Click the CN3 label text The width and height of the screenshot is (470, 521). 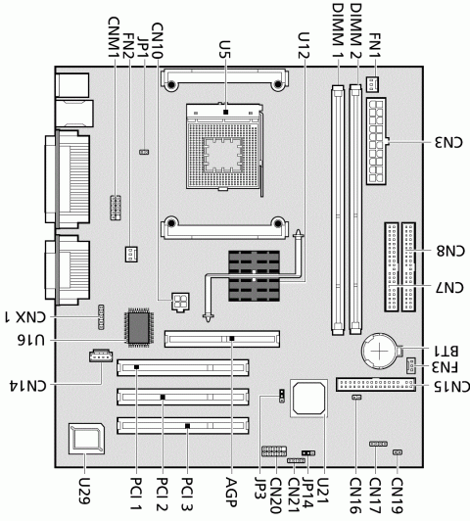[x=448, y=142]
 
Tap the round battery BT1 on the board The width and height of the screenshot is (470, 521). [x=379, y=352]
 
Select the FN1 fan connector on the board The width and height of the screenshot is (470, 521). [x=373, y=84]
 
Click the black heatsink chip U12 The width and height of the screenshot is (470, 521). [x=254, y=276]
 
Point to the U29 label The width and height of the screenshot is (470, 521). [x=84, y=491]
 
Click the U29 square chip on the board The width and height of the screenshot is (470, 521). [x=86, y=439]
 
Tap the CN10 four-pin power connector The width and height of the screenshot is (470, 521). [x=180, y=302]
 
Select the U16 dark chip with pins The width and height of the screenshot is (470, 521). [x=138, y=328]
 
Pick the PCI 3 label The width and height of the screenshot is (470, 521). [x=188, y=494]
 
